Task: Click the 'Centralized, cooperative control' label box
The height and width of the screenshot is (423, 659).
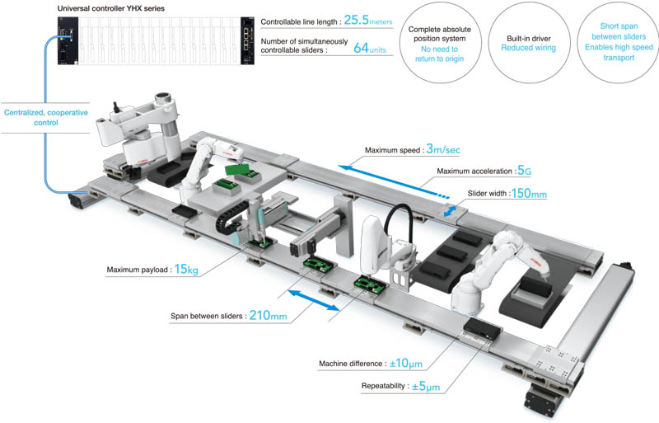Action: (x=35, y=117)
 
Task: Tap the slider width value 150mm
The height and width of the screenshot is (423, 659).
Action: (x=527, y=194)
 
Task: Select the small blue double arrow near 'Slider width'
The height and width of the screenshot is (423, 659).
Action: (x=449, y=212)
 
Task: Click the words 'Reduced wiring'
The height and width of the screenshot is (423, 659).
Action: (x=528, y=48)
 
